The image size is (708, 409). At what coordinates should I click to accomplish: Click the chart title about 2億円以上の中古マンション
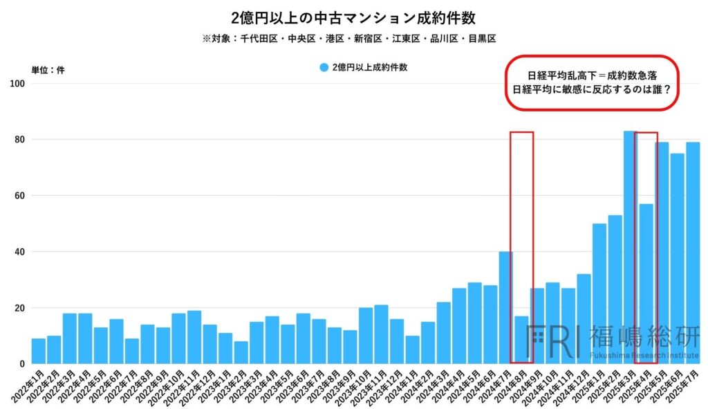[x=353, y=17]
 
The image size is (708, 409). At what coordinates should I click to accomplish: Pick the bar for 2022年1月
[x=39, y=351]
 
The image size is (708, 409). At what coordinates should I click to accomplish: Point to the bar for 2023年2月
[x=241, y=352]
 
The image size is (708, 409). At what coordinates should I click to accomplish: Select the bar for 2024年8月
[x=521, y=340]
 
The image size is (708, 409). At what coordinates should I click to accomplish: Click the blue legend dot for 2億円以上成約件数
[x=324, y=68]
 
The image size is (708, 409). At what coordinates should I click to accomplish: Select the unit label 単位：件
[x=48, y=70]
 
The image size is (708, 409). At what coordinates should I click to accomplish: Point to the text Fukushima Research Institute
[x=643, y=355]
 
